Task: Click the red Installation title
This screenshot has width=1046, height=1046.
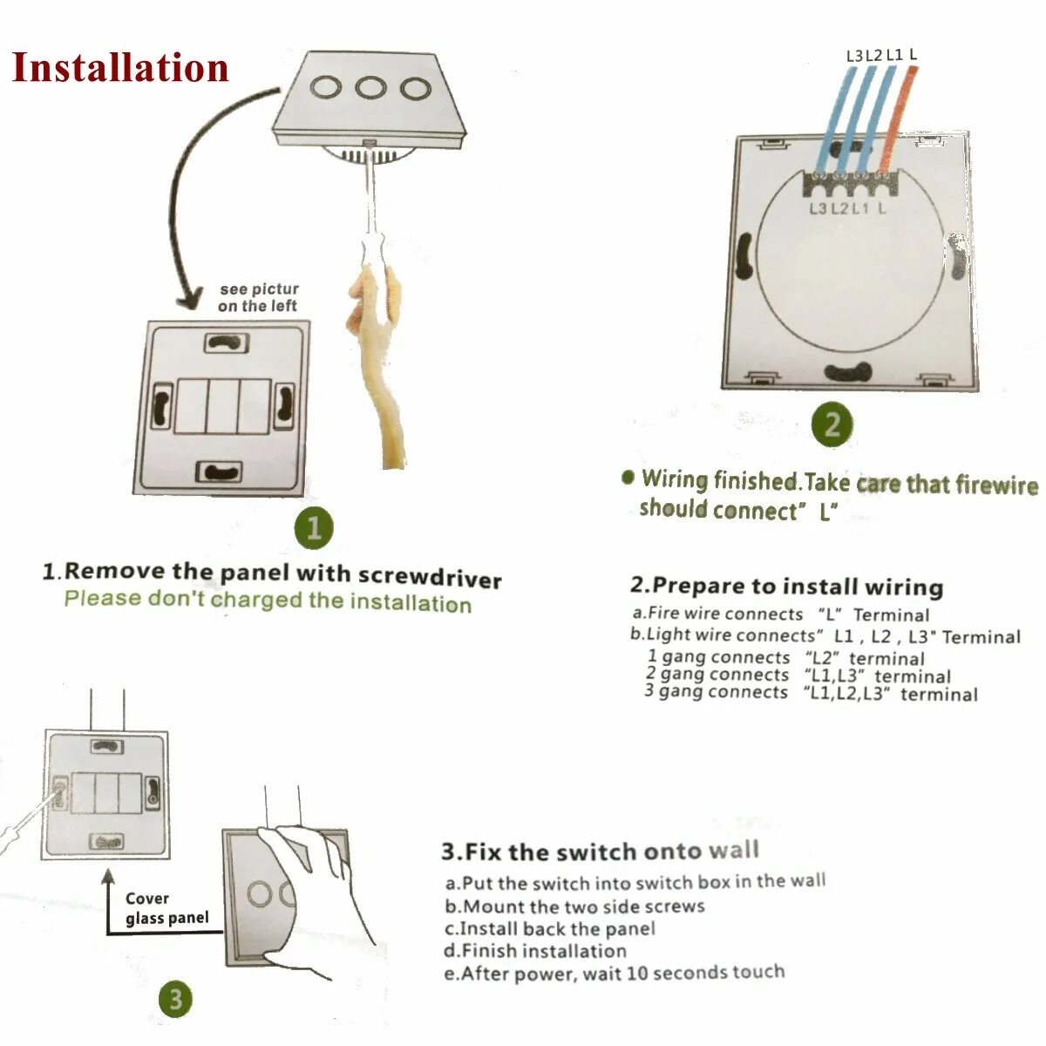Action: point(120,68)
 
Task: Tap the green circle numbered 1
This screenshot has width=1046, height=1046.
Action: point(314,526)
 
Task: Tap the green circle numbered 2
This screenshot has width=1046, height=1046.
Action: point(832,425)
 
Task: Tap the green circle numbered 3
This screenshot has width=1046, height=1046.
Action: point(175,999)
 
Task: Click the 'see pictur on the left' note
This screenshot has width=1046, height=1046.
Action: point(258,297)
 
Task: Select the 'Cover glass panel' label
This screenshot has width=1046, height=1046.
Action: point(166,907)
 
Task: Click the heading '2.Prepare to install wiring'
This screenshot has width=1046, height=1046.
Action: point(786,586)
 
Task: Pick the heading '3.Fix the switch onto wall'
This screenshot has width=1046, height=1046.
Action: point(600,851)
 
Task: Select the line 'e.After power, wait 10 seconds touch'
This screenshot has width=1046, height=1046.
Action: point(614,973)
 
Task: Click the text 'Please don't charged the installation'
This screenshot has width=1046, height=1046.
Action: point(268,601)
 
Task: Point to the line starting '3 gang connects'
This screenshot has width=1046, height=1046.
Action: point(811,693)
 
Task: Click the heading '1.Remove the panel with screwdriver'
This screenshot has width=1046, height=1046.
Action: point(272,574)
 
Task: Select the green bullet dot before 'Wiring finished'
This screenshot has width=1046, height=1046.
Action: point(628,477)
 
